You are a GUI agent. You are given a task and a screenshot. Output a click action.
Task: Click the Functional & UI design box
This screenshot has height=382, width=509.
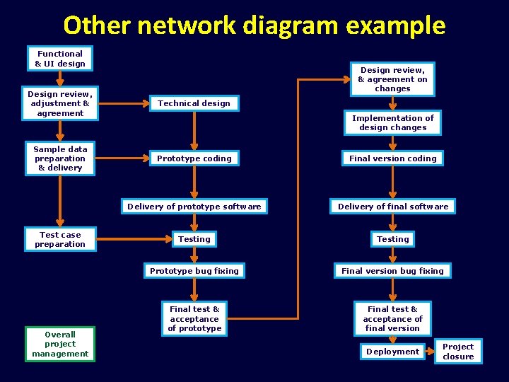tap(60, 59)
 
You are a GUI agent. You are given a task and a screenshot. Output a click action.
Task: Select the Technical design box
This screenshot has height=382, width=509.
tap(194, 103)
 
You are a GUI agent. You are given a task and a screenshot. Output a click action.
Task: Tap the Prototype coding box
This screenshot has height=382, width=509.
tap(194, 158)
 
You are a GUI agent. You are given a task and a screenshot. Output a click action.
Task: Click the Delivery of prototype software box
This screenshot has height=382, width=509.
tap(194, 207)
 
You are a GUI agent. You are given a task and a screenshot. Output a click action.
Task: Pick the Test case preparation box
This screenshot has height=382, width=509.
tap(60, 240)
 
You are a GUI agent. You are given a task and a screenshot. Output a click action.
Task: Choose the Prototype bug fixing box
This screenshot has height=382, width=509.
tap(194, 271)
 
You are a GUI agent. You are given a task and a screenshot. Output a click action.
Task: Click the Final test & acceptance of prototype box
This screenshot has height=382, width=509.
tap(194, 318)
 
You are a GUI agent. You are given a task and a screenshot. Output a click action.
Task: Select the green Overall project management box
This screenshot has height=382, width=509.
tap(60, 344)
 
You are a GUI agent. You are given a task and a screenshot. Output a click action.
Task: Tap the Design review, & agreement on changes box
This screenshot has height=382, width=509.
tap(392, 79)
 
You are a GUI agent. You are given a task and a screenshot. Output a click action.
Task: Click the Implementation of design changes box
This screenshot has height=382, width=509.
tap(392, 123)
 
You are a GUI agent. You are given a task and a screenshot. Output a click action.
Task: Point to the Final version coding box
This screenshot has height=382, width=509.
tap(392, 158)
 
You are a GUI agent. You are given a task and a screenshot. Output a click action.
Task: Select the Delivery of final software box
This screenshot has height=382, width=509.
tap(392, 207)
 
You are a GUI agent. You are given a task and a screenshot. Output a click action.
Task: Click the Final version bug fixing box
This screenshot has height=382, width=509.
tap(392, 271)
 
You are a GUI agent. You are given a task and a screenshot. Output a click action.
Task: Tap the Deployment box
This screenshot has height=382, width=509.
tap(392, 352)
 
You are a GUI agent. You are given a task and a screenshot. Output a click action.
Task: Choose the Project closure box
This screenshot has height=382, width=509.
tap(458, 352)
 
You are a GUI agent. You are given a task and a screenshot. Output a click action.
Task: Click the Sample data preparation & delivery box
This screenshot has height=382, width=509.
tap(60, 158)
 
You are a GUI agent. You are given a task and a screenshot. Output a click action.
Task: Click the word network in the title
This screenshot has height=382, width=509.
tap(185, 25)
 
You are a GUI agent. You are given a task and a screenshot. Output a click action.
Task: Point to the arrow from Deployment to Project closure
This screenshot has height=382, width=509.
tap(429, 352)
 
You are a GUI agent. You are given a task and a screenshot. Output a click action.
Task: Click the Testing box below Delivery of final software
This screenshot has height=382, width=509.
tap(392, 239)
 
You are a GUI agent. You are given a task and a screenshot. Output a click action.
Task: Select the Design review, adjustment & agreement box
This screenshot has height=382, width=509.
tap(60, 103)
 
